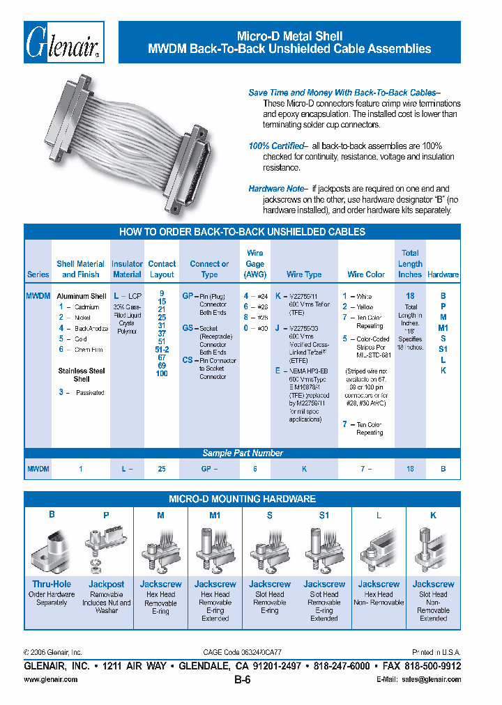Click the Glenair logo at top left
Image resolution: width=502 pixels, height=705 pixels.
(64, 42)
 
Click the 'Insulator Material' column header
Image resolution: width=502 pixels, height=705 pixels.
(127, 269)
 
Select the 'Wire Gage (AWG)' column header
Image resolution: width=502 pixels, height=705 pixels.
(255, 263)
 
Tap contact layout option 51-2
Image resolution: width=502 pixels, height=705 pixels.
(162, 351)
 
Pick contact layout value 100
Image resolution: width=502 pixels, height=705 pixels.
(162, 374)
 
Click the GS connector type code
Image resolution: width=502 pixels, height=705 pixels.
(188, 328)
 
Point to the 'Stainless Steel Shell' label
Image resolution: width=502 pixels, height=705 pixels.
(82, 375)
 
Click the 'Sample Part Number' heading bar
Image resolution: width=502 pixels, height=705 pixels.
(242, 454)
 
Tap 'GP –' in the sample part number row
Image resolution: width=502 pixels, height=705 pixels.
(209, 470)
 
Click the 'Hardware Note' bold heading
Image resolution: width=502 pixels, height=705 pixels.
(276, 189)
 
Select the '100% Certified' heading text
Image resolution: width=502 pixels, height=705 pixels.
(276, 146)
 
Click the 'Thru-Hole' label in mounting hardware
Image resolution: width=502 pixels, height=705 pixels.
(52, 584)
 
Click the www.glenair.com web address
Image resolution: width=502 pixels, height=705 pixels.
(51, 679)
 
